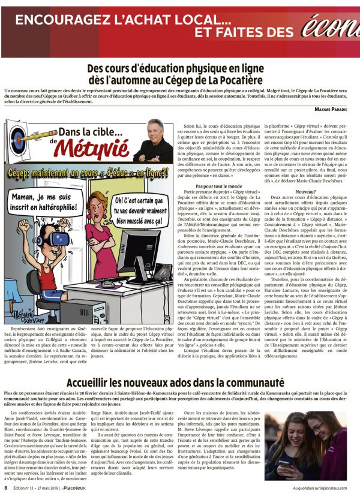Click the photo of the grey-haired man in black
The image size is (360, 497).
coord(153,141)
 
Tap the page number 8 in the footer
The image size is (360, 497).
coord(6,489)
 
